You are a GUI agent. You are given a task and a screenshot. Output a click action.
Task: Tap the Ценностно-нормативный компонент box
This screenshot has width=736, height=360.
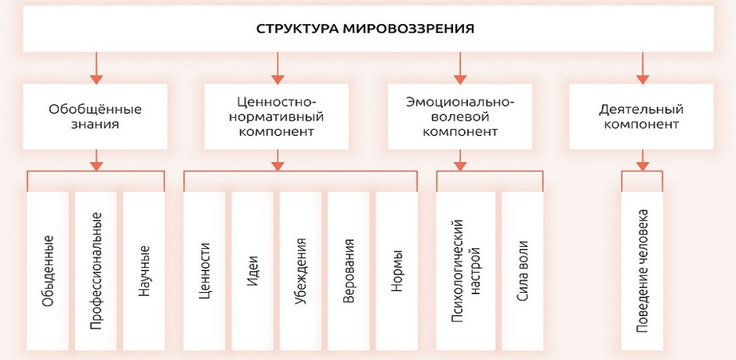click(277, 117)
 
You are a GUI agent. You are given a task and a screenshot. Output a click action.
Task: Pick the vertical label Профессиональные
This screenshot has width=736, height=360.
click(96, 272)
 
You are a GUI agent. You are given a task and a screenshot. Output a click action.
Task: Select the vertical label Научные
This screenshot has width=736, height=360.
click(144, 272)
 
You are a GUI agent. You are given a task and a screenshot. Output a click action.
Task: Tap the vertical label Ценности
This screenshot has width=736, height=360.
click(206, 272)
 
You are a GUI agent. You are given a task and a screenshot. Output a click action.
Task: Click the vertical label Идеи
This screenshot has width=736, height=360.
click(254, 272)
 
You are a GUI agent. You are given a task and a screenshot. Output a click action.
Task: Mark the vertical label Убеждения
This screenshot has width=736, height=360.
click(301, 272)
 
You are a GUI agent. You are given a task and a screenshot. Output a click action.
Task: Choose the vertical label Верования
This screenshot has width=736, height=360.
click(350, 272)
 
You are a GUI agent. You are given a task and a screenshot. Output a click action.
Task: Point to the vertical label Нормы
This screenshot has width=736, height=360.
click(397, 272)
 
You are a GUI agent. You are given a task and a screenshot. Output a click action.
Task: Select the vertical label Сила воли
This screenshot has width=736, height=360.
click(522, 272)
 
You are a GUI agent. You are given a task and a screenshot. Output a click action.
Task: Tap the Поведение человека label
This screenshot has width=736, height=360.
click(643, 272)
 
